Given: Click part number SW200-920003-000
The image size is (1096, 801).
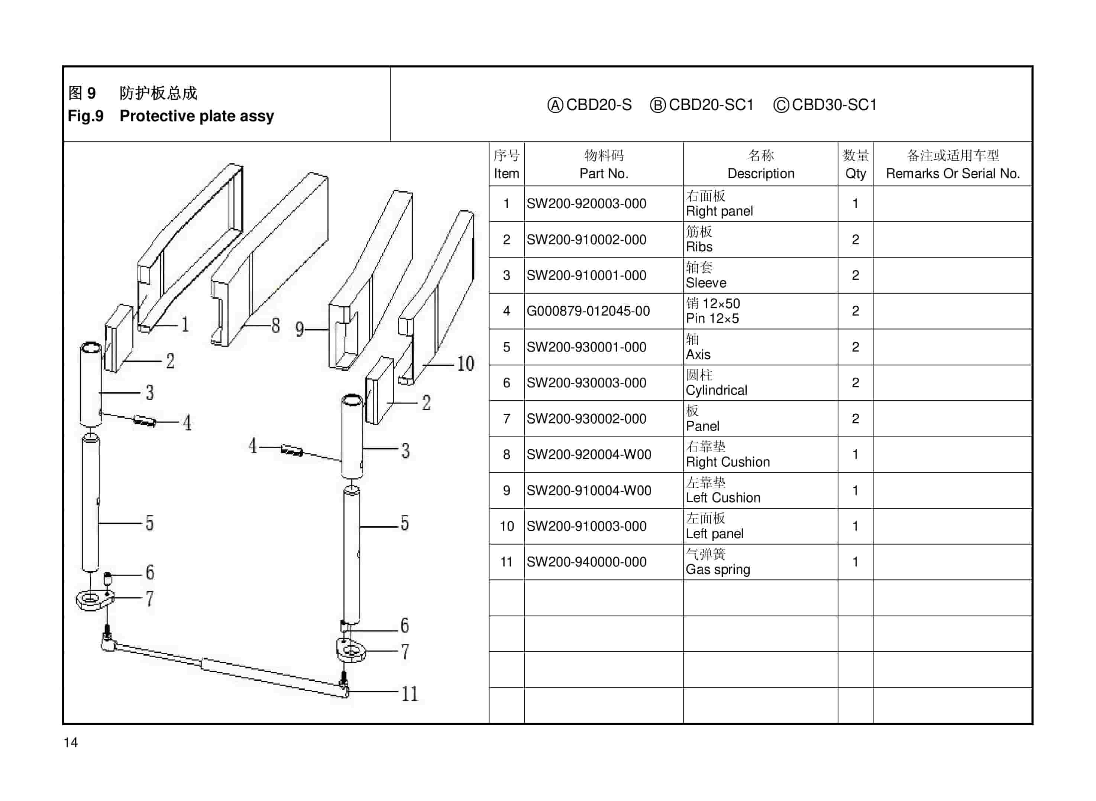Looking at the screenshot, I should pos(586,204).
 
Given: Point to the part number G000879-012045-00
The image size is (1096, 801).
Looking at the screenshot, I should pos(588,311).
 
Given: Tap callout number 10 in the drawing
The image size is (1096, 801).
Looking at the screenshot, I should pos(465,364).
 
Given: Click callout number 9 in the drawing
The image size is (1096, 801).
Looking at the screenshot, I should pos(300,329).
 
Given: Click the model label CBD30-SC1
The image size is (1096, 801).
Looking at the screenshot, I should pos(833,105).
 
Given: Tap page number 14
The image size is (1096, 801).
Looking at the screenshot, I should pos(71,742).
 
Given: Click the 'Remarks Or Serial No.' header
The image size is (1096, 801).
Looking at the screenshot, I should pos(952,173).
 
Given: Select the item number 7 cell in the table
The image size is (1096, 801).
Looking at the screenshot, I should pos(506,419).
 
